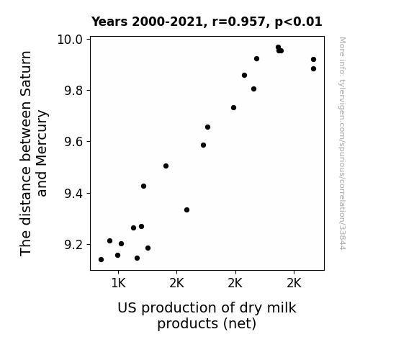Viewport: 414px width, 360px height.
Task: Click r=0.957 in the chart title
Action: click(239, 22)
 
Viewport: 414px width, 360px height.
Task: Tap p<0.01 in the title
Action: click(298, 22)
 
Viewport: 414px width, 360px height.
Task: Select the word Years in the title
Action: click(109, 22)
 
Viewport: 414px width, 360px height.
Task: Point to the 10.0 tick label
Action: click(70, 40)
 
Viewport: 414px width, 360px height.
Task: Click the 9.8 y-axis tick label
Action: click(73, 91)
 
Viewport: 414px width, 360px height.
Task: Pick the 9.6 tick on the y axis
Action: click(73, 142)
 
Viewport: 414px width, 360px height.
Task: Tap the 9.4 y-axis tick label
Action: click(73, 194)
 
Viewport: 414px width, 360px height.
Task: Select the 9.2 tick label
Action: click(73, 245)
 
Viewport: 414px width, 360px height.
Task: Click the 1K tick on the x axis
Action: click(118, 284)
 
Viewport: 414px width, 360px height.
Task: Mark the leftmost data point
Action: click(101, 260)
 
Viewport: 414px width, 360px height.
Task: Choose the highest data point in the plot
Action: click(278, 48)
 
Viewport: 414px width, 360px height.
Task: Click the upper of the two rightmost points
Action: click(313, 60)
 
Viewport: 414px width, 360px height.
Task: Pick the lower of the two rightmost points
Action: click(313, 68)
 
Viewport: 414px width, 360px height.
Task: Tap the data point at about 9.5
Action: click(166, 166)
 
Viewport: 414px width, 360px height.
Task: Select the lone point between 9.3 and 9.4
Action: click(186, 210)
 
